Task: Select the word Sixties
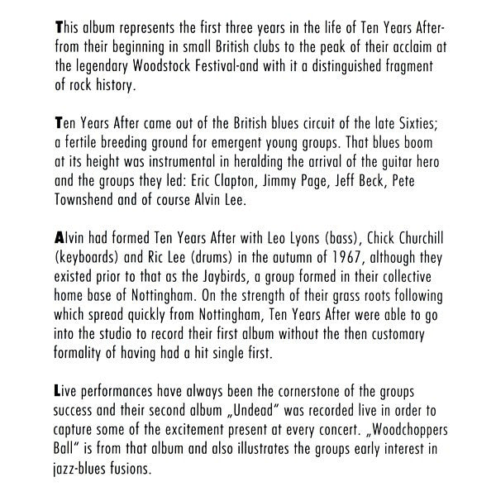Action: point(421,126)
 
